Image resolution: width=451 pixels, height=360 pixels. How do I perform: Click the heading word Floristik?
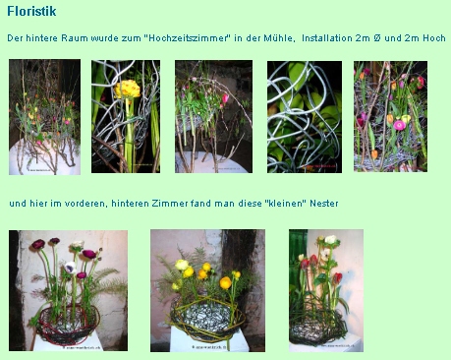(31, 11)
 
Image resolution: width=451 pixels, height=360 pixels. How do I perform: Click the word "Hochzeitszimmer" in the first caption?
(187, 38)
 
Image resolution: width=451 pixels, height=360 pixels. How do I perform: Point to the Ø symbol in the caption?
(376, 38)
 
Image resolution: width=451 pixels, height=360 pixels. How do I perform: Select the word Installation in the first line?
(327, 38)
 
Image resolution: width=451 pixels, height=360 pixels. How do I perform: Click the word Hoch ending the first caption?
(434, 38)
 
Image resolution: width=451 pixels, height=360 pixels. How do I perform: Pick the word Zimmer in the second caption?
(170, 204)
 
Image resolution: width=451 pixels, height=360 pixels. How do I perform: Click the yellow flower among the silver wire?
(127, 90)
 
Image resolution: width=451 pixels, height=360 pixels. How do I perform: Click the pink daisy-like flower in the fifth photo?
(400, 125)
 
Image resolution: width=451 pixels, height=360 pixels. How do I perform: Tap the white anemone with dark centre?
(70, 268)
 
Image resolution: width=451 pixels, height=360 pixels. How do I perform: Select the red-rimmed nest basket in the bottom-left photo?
(67, 324)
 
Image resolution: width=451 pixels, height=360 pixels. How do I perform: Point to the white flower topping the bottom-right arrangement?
(330, 240)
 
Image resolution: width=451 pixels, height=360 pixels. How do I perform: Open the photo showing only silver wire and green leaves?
(305, 117)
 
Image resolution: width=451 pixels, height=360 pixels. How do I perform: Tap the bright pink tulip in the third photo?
(225, 98)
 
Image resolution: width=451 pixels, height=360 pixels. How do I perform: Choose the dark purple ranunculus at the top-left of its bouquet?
(38, 244)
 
